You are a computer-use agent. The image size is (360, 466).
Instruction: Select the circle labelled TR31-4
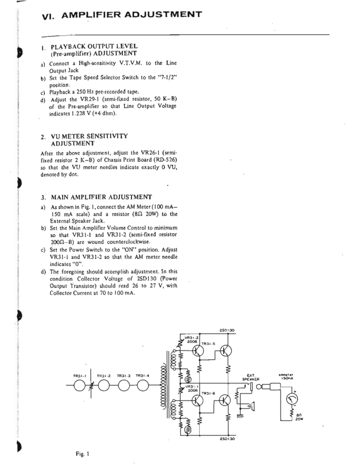pyautogui.click(x=142, y=386)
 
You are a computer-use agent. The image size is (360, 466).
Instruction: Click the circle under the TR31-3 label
pyautogui.click(x=123, y=386)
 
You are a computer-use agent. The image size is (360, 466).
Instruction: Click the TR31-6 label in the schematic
pyautogui.click(x=208, y=392)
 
